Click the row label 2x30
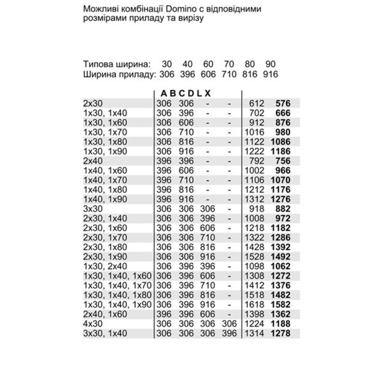click(x=93, y=103)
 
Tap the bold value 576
click(x=283, y=103)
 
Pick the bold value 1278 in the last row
click(x=280, y=333)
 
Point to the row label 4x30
click(x=93, y=324)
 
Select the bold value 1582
click(x=280, y=305)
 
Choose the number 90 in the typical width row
click(x=270, y=64)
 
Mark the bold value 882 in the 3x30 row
click(x=283, y=209)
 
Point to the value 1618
click(x=254, y=305)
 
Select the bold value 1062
click(x=280, y=266)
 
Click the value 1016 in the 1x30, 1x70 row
click(x=254, y=132)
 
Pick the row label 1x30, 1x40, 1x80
click(x=118, y=295)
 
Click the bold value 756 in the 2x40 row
click(x=283, y=161)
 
